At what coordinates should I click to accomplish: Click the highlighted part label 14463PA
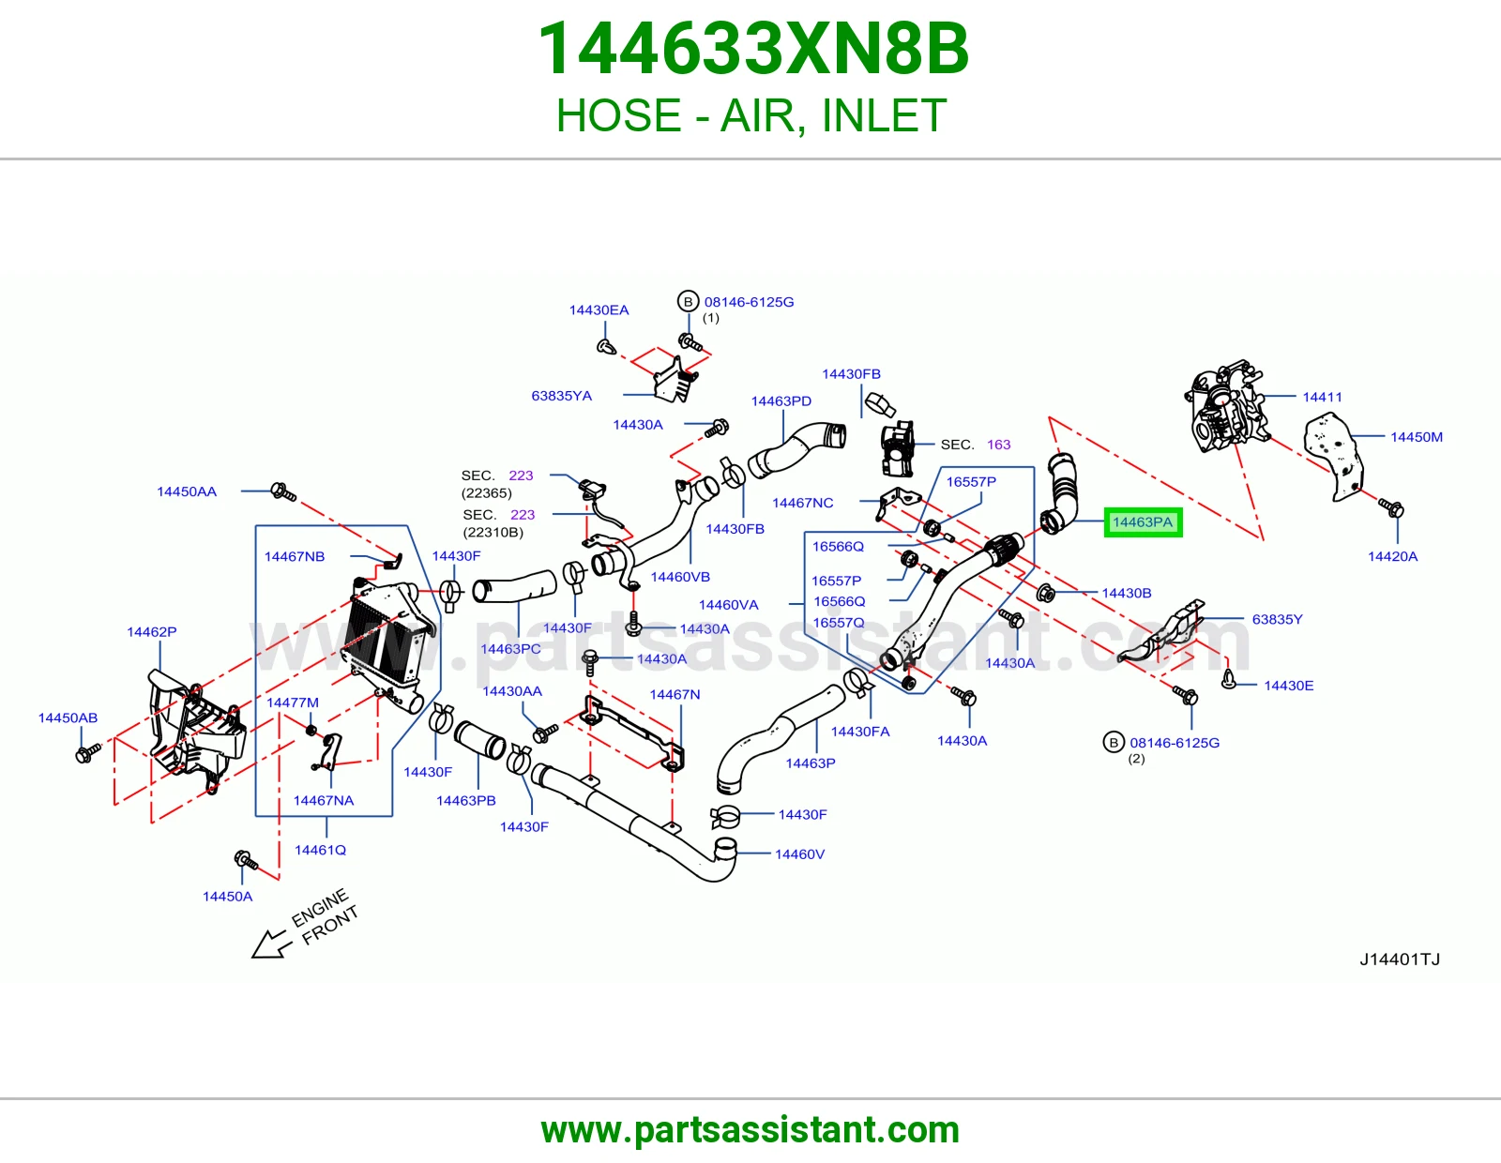pyautogui.click(x=1143, y=522)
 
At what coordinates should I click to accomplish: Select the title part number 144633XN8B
pyautogui.click(x=753, y=49)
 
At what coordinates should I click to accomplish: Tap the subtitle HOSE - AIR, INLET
pyautogui.click(x=750, y=115)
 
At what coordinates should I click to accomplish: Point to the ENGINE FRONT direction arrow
pyautogui.click(x=268, y=944)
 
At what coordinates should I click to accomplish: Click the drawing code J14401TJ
pyautogui.click(x=1400, y=959)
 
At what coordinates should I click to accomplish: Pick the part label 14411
pyautogui.click(x=1322, y=397)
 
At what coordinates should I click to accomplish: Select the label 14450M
pyautogui.click(x=1416, y=437)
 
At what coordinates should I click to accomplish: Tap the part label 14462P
pyautogui.click(x=152, y=632)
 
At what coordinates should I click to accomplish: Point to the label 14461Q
pyautogui.click(x=321, y=850)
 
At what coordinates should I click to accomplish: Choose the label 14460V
pyautogui.click(x=800, y=854)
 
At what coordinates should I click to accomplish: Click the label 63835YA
pyautogui.click(x=562, y=396)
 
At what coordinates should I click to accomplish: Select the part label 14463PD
pyautogui.click(x=781, y=401)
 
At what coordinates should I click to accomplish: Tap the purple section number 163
pyautogui.click(x=999, y=445)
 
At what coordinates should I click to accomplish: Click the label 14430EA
pyautogui.click(x=599, y=310)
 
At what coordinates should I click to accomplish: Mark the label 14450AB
pyautogui.click(x=68, y=717)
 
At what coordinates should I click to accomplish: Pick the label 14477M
pyautogui.click(x=293, y=702)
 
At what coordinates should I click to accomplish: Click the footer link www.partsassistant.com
pyautogui.click(x=750, y=1130)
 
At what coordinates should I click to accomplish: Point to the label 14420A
pyautogui.click(x=1392, y=556)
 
